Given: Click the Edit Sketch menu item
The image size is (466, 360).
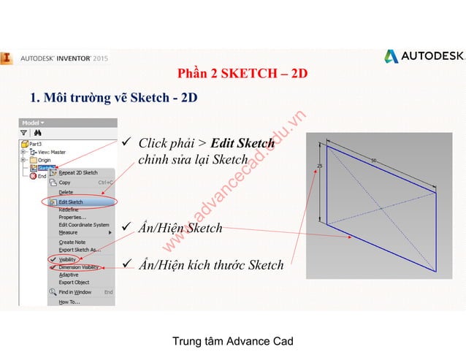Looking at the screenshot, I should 71,202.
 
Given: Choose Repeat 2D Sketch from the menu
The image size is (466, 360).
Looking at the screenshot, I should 77,173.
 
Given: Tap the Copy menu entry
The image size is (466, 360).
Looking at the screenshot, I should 65,183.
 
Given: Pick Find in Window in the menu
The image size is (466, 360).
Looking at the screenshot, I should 75,292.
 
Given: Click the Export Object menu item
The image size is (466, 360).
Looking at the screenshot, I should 74,282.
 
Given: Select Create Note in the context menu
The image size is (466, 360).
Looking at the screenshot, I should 72,242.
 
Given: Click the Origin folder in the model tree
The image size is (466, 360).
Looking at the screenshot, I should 44,159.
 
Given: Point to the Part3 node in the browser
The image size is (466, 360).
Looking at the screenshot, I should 35,144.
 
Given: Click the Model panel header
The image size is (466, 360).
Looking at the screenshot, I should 33,123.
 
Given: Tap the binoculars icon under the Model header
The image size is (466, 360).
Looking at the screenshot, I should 37,134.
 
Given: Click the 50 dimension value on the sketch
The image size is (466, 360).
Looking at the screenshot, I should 374,161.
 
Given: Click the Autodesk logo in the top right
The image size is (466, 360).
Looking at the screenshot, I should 423,56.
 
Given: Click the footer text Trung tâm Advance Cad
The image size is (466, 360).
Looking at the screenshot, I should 232,341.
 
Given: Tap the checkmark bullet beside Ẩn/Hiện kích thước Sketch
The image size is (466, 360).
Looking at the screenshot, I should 125,264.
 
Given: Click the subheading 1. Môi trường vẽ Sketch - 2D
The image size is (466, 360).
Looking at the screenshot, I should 113,97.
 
